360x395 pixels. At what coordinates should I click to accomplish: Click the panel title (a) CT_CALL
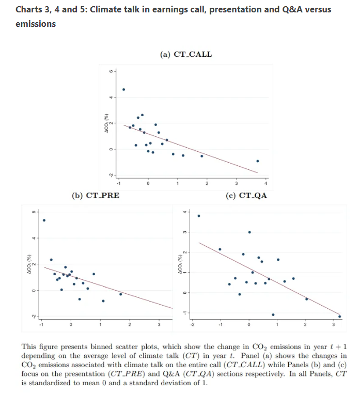186,54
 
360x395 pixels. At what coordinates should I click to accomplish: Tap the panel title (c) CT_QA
246,195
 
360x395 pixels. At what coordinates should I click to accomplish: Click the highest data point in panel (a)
123,89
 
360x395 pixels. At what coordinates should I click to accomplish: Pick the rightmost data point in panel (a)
258,161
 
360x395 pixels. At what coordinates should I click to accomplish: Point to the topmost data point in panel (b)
44,220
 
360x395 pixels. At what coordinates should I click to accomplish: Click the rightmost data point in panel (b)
120,294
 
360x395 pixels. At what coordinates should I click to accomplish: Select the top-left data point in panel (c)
199,216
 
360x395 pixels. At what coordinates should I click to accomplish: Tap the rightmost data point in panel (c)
339,317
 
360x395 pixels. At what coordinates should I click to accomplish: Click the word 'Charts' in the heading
29,9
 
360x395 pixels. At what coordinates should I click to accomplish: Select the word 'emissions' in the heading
36,24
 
